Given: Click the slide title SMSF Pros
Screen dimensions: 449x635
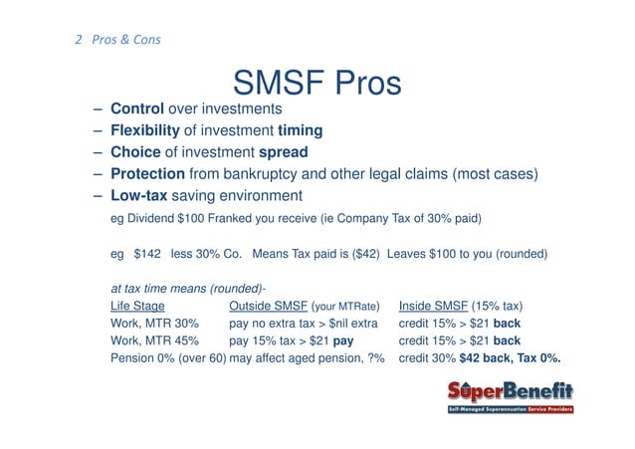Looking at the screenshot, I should click(x=317, y=83).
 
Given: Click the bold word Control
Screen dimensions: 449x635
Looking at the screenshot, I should click(x=136, y=109).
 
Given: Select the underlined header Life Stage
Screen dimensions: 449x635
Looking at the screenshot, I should click(x=137, y=306).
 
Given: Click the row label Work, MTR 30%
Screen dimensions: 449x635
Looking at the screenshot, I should click(x=155, y=324).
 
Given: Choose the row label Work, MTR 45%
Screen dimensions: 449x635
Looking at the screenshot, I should click(x=155, y=341).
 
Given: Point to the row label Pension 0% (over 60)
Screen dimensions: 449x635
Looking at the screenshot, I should click(x=167, y=359).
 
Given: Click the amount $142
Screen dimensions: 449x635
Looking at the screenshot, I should click(x=146, y=254).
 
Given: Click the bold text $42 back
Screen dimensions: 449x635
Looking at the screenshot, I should click(x=482, y=359).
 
